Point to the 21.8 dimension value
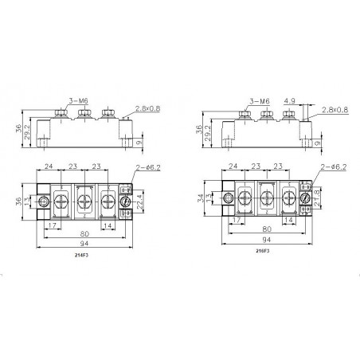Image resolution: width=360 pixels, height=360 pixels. point(319,195)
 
